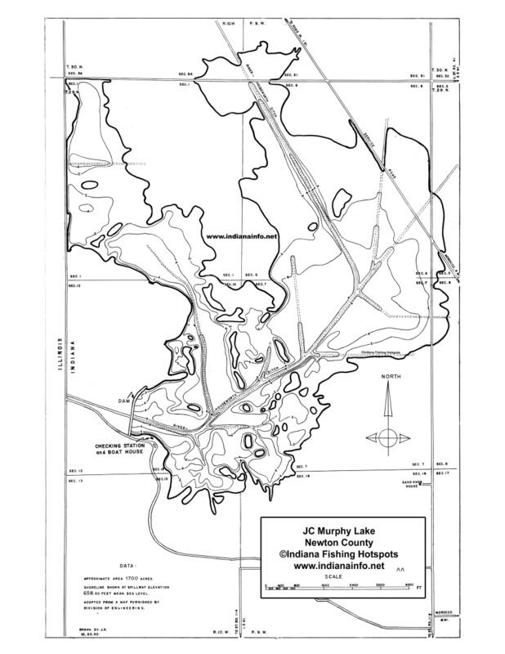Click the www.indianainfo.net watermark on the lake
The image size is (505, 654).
point(243,236)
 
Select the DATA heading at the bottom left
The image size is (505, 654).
point(128,565)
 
